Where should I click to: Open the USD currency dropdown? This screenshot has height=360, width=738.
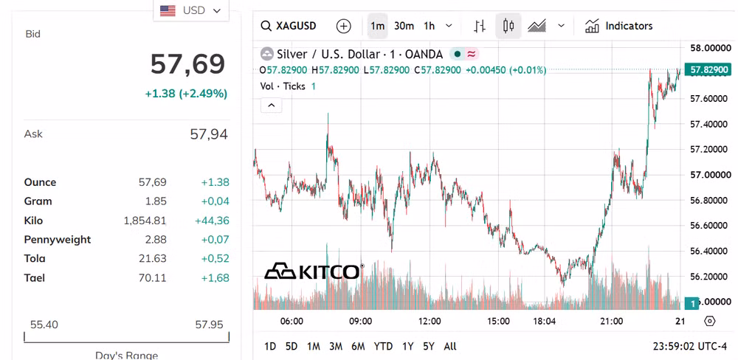point(190,10)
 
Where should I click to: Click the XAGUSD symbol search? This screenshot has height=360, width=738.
point(289,26)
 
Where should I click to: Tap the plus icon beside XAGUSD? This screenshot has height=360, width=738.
point(344,26)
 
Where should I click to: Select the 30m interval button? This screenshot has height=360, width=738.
point(404,26)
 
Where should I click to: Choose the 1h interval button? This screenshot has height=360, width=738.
point(430,26)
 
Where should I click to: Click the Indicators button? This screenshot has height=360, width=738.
point(618,26)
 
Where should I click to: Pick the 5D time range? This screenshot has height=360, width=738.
point(292,347)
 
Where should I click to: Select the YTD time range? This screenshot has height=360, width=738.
point(383,347)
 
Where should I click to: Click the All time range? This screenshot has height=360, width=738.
point(450,347)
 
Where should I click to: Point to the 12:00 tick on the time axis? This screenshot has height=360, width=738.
point(430,322)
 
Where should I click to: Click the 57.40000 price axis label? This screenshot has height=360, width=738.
point(710,124)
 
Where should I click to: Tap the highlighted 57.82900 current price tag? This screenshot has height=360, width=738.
point(709,70)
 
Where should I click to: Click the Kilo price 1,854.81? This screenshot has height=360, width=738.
point(145,221)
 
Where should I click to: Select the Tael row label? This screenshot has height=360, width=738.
point(35,277)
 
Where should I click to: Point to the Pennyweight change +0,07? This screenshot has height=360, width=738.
point(215,240)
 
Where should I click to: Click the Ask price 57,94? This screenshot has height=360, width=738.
point(209,134)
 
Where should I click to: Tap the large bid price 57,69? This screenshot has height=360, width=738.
point(187,64)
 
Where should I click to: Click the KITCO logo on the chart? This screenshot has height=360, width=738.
point(314,271)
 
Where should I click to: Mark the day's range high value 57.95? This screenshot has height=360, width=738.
point(209,325)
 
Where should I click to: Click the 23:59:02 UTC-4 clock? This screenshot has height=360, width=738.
point(689,347)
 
